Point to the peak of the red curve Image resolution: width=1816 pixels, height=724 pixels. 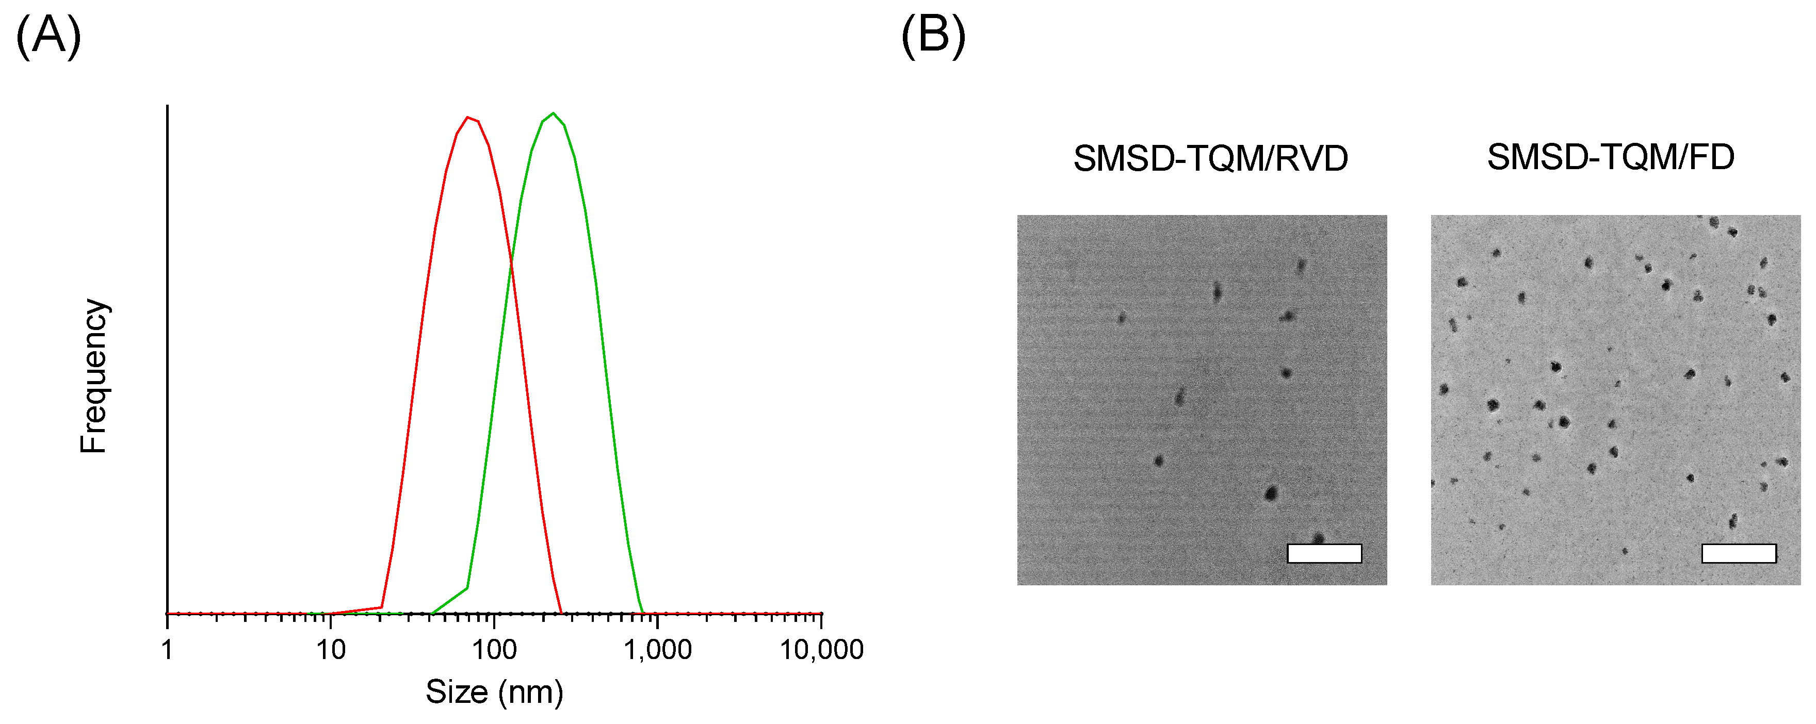pos(468,117)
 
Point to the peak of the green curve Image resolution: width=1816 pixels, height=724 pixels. pos(554,113)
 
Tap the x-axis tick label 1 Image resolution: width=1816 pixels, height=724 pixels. pos(167,649)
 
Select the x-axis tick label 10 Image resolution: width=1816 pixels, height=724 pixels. pos(331,649)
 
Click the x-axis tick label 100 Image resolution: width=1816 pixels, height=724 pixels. pos(494,649)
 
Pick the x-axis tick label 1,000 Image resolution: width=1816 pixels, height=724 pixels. pos(658,649)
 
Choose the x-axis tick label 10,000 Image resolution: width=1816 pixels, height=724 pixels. pos(821,649)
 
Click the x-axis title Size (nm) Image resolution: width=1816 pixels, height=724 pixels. pos(494,692)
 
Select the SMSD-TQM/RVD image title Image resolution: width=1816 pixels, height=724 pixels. pos(1210,159)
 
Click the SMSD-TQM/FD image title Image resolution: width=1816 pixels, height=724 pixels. pos(1610,157)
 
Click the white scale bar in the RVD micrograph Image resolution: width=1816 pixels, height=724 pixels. pos(1324,553)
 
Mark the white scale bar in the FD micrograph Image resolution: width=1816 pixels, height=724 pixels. pos(1739,553)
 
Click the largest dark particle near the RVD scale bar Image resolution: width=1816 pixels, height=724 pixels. pos(1271,493)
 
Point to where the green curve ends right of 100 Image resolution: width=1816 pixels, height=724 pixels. pos(643,613)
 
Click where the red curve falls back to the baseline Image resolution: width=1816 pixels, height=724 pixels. pos(562,613)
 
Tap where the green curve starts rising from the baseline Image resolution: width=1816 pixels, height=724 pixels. pos(431,613)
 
